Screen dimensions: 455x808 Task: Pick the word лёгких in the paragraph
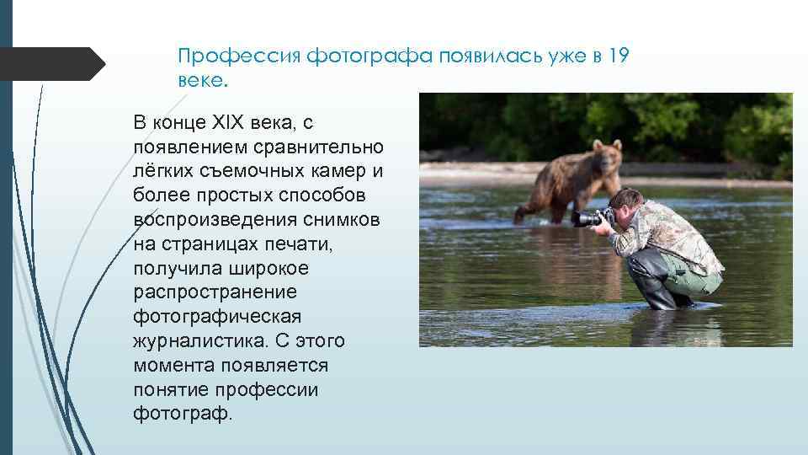(162, 172)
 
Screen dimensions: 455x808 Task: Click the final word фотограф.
(180, 415)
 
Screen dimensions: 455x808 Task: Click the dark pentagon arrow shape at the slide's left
(50, 63)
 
